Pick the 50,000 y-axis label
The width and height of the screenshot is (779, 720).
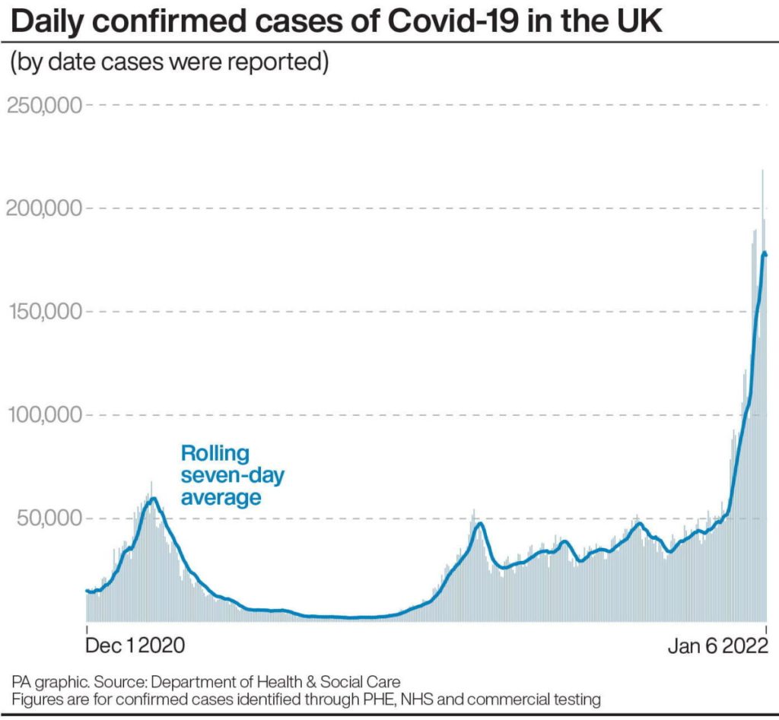pos(47,519)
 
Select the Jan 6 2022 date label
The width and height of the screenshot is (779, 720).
pos(717,646)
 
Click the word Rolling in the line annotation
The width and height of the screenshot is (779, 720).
pos(215,454)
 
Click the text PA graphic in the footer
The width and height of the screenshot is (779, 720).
pos(44,680)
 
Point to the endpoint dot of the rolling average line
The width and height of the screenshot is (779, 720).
pos(765,254)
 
